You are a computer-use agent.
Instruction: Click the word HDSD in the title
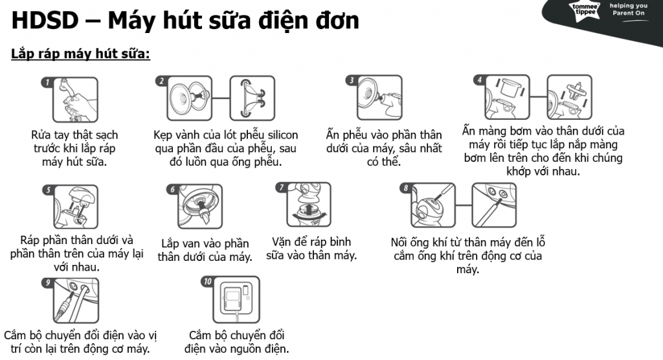pos(45,20)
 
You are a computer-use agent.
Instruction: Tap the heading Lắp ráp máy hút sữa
pos(81,54)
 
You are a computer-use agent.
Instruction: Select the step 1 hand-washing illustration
pos(75,100)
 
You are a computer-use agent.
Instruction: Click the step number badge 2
pos(161,80)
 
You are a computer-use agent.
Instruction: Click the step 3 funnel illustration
pos(379,98)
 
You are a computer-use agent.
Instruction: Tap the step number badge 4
pos(480,80)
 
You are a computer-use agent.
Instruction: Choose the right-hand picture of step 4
pos(569,97)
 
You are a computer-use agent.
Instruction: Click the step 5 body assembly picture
pos(76,207)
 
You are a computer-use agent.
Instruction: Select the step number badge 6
pos(172,188)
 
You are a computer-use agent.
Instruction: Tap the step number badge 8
pos(406,187)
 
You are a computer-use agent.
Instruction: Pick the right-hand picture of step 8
pos(494,205)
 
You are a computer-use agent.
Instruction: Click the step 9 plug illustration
pos(76,301)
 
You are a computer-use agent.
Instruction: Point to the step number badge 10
pos(208,281)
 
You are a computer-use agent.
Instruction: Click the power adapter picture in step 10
pos(236,300)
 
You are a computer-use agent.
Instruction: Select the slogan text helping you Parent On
pos(628,9)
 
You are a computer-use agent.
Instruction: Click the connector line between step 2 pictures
pos(221,98)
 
